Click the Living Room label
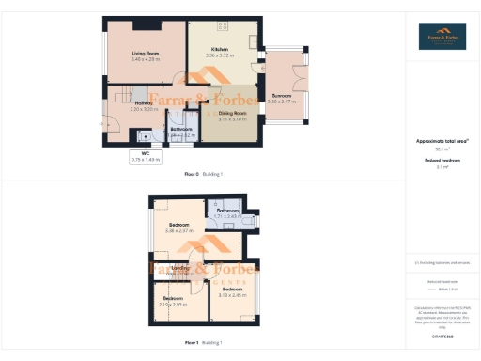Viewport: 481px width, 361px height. coord(145,53)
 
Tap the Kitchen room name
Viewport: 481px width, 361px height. coord(220,49)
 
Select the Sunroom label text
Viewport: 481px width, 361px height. coord(282,95)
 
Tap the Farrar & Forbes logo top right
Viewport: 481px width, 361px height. coord(441,38)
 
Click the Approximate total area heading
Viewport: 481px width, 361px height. coord(441,141)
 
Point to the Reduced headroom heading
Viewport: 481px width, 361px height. coord(441,160)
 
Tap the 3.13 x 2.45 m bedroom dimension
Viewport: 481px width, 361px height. coord(231,295)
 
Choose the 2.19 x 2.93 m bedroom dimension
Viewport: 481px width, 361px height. coord(174,304)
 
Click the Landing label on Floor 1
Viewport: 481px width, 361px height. coord(181,268)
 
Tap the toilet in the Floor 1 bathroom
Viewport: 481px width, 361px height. coord(214,204)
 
